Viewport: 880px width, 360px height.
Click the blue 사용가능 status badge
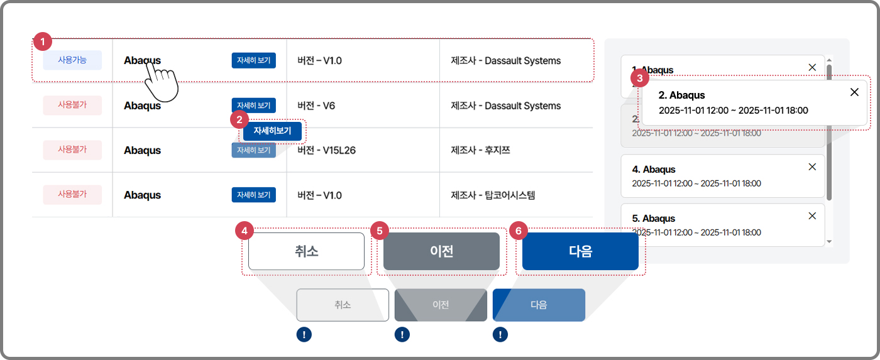point(72,60)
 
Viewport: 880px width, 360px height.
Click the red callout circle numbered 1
point(41,42)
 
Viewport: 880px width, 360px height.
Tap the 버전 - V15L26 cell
point(327,150)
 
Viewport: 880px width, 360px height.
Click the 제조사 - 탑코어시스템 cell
point(493,195)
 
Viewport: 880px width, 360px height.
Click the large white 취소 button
point(306,251)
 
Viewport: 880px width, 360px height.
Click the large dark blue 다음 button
point(580,251)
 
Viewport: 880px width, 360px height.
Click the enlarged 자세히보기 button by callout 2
point(272,131)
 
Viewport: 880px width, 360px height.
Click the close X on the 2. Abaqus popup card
point(854,92)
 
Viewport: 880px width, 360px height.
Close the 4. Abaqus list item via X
point(812,166)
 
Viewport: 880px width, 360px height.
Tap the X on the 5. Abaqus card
point(812,215)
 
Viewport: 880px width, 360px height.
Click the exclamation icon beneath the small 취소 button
point(304,335)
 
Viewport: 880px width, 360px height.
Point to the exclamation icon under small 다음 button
point(500,335)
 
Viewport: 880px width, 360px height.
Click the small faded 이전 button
point(441,305)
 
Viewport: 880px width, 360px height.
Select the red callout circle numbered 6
point(518,231)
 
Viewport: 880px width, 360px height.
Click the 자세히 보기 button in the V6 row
point(253,106)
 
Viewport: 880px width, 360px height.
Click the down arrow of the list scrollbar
point(829,241)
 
